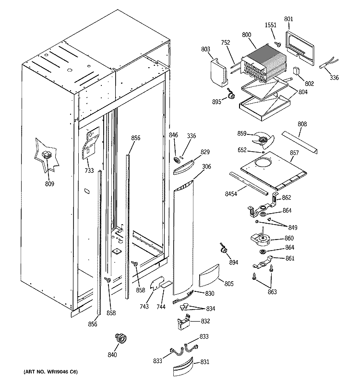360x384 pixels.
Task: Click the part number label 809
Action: click(49, 183)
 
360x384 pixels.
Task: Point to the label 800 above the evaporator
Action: click(247, 35)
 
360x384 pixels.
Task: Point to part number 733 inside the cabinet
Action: click(89, 170)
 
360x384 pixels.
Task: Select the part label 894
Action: click(234, 262)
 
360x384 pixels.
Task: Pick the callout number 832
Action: click(205, 321)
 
